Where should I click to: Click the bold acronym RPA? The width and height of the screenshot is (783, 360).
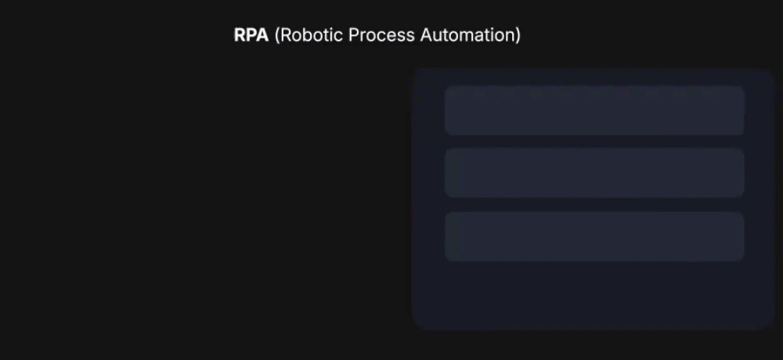[x=251, y=35]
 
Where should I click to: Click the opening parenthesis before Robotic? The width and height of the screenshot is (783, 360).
[x=277, y=35]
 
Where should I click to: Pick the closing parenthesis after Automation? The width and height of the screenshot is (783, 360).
[x=518, y=35]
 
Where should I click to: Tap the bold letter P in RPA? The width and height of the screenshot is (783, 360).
[x=251, y=35]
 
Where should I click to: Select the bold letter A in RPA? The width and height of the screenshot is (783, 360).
[x=262, y=35]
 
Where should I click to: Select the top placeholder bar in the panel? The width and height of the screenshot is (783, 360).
[x=594, y=110]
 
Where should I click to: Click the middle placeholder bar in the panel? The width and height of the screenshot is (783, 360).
[x=594, y=173]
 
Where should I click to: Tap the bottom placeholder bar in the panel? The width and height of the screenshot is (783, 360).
[x=594, y=236]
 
